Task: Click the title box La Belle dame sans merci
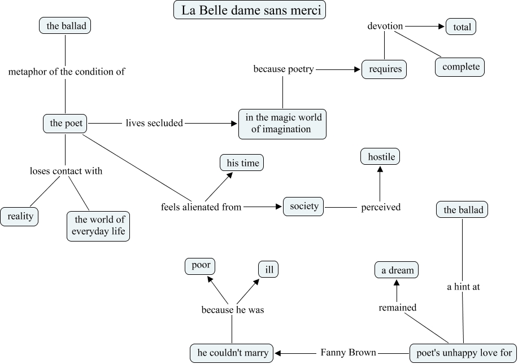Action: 250,11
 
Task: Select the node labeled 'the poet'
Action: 66,124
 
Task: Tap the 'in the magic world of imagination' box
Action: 282,124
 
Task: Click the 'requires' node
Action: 384,69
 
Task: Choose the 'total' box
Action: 462,27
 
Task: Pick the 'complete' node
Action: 460,67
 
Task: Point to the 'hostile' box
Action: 380,157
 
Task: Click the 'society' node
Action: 304,206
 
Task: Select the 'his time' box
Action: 242,163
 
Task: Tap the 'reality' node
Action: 20,216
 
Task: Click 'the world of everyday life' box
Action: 99,226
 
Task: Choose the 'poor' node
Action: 201,266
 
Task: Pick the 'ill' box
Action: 269,270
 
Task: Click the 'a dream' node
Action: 397,270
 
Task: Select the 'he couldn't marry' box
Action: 232,353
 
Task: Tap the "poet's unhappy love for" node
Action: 463,353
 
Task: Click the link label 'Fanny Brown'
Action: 348,353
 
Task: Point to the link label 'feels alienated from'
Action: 201,207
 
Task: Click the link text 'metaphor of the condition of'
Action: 66,72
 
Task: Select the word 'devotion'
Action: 385,26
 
